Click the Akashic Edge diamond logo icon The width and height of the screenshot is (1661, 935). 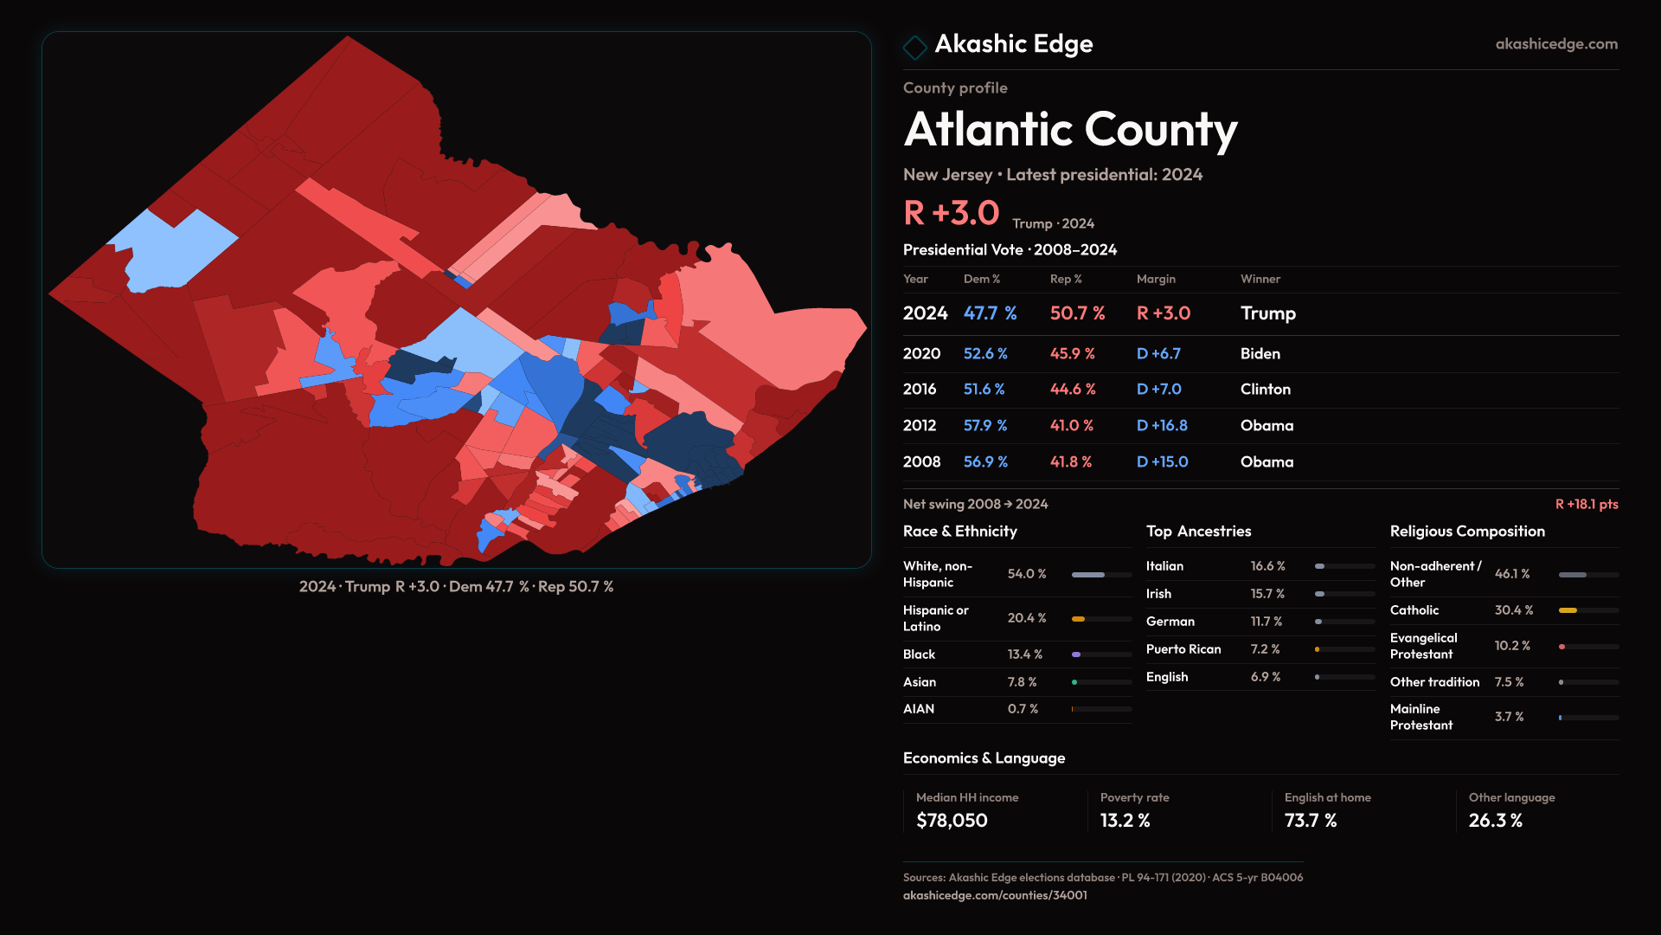click(x=914, y=47)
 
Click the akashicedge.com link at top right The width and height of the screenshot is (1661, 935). click(x=1556, y=44)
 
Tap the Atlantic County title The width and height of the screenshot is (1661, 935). click(x=1070, y=130)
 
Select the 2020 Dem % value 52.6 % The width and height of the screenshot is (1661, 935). click(x=985, y=354)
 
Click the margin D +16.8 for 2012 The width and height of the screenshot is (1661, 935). click(x=1162, y=426)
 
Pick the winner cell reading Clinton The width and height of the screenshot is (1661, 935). click(x=1265, y=390)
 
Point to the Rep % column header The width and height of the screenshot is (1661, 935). click(x=1066, y=279)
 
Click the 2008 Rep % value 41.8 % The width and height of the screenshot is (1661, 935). click(x=1071, y=462)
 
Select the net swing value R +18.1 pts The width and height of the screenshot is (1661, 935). click(x=1586, y=504)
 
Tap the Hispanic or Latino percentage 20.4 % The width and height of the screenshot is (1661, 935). click(x=1027, y=618)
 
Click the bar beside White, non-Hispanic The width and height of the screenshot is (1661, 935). click(x=1100, y=575)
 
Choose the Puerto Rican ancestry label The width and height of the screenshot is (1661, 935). click(x=1183, y=649)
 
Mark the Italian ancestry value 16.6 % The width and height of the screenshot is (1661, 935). click(x=1267, y=566)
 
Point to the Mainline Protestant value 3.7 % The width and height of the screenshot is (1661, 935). click(x=1509, y=717)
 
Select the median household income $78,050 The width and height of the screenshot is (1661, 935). click(x=952, y=821)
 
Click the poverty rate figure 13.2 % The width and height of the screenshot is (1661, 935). click(x=1125, y=821)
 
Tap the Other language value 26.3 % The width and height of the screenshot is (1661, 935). click(x=1495, y=821)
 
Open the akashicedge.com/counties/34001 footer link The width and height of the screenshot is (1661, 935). click(x=995, y=895)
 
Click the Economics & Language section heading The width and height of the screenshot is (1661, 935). click(x=984, y=758)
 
